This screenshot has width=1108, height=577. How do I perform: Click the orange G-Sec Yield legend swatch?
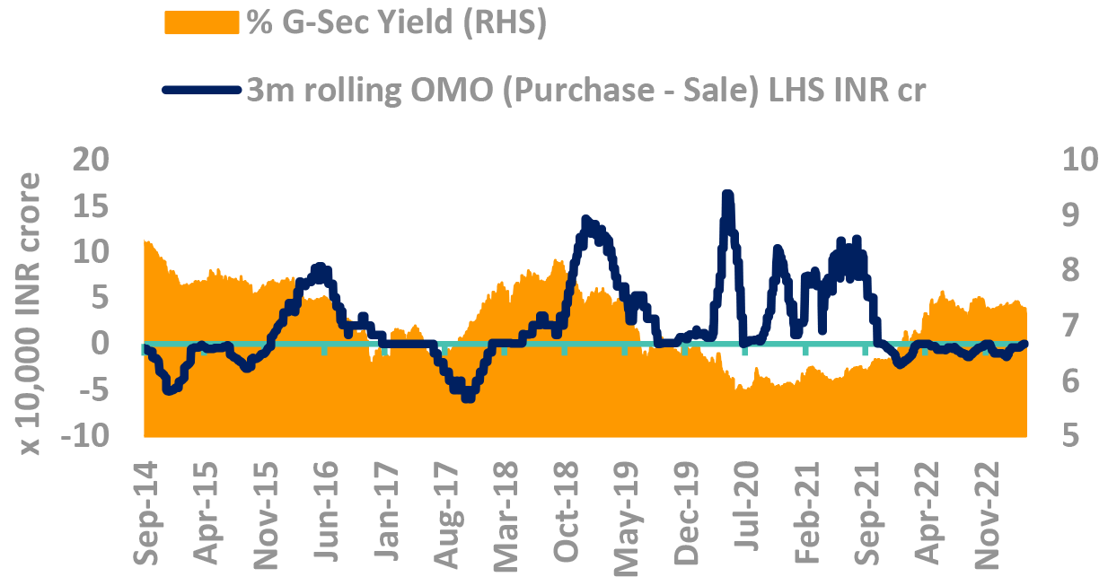pyautogui.click(x=202, y=22)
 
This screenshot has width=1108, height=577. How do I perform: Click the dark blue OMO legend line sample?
pyautogui.click(x=202, y=90)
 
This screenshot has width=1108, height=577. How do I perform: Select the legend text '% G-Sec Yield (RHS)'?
pyautogui.click(x=397, y=22)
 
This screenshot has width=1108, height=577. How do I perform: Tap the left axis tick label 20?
pyautogui.click(x=91, y=160)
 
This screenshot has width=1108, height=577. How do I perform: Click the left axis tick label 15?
pyautogui.click(x=91, y=205)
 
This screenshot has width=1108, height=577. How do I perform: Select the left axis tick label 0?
pyautogui.click(x=101, y=344)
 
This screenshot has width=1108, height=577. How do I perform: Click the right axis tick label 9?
pyautogui.click(x=1071, y=215)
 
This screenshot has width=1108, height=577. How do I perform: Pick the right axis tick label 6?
pyautogui.click(x=1071, y=380)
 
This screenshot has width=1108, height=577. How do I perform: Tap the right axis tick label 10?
pyautogui.click(x=1080, y=160)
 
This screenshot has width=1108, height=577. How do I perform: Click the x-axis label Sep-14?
pyautogui.click(x=146, y=513)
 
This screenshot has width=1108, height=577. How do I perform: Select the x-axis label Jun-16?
pyautogui.click(x=326, y=511)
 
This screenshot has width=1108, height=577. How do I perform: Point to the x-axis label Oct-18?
pyautogui.click(x=566, y=512)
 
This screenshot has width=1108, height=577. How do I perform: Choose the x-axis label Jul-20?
pyautogui.click(x=746, y=506)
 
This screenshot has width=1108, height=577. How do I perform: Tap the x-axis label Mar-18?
pyautogui.click(x=506, y=517)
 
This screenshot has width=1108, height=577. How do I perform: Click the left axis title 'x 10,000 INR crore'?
pyautogui.click(x=30, y=314)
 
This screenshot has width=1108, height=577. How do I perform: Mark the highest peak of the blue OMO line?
pyautogui.click(x=727, y=193)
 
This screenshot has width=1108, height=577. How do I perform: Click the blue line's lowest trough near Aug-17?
pyautogui.click(x=468, y=398)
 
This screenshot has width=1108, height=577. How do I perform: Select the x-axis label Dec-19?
pyautogui.click(x=686, y=513)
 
